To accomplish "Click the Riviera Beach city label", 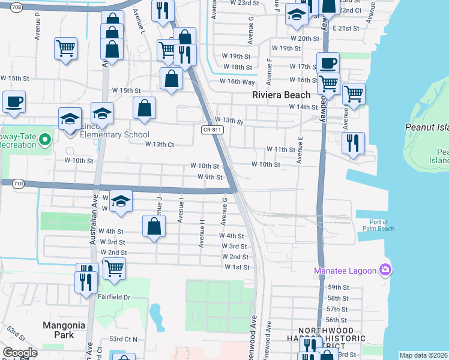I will (282, 95).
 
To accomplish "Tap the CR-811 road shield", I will (208, 130).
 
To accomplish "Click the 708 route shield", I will (16, 8).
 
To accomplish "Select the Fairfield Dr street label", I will (115, 297).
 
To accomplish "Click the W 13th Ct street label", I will (160, 144).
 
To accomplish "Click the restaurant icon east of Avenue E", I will (352, 143).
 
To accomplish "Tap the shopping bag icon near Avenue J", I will (154, 226).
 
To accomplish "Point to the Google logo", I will (20, 353).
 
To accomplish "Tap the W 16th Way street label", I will (237, 81).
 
